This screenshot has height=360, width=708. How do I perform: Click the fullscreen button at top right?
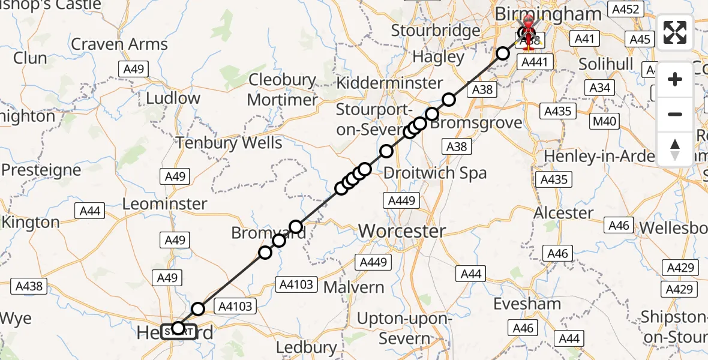[x=675, y=32]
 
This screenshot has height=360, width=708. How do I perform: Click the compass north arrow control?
[x=675, y=149]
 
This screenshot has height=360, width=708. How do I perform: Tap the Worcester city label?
[x=402, y=231]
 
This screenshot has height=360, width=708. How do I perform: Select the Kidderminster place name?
[x=389, y=83]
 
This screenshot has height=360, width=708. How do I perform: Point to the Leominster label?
[x=164, y=204]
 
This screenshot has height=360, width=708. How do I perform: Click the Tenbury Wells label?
[x=229, y=143]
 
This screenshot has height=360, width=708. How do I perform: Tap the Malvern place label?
[x=353, y=287]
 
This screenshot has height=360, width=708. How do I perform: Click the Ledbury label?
[x=307, y=347]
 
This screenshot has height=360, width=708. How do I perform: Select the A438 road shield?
[x=29, y=286]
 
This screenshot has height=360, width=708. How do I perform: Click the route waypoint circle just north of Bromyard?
[x=295, y=226]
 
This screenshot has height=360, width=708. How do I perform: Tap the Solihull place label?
[x=605, y=64]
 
